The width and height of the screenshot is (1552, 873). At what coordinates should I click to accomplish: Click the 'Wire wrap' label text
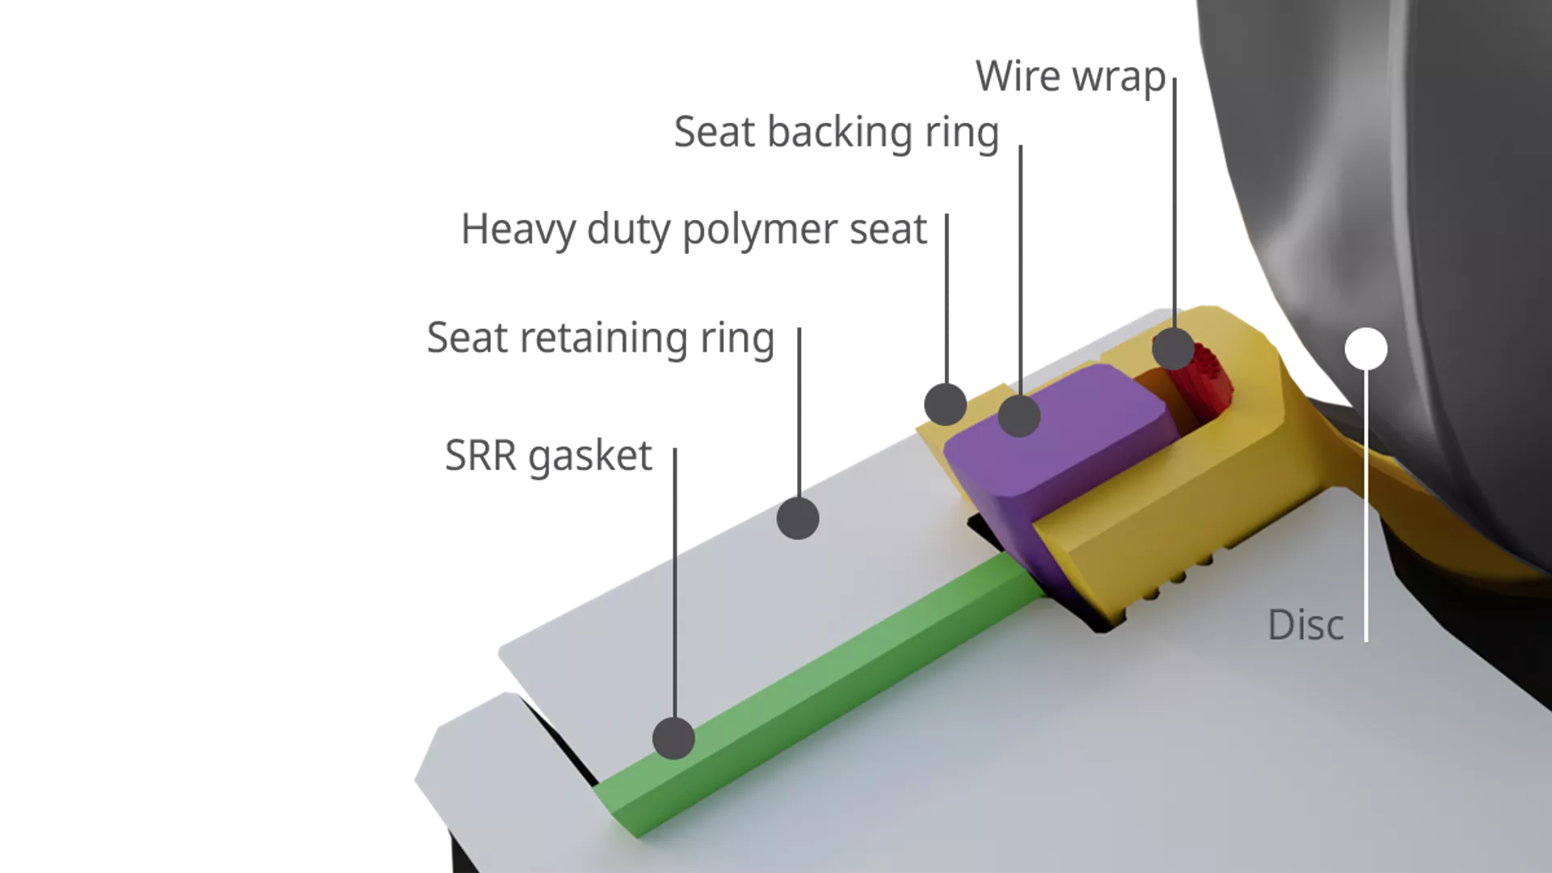click(1070, 77)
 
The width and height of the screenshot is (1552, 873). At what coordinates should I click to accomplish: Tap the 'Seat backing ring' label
click(836, 133)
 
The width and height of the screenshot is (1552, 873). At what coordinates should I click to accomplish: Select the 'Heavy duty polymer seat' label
click(694, 230)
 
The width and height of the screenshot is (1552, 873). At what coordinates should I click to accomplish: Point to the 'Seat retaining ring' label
click(600, 338)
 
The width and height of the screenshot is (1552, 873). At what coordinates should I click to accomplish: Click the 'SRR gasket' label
click(548, 457)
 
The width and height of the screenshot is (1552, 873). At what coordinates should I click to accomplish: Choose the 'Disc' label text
click(1305, 625)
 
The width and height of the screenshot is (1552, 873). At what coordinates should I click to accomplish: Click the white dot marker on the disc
click(1366, 349)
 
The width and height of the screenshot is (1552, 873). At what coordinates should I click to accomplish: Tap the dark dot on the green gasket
click(673, 738)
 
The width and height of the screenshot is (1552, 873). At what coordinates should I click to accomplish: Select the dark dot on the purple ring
click(1018, 416)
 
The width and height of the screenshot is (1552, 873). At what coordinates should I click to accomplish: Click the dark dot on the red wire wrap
click(1173, 349)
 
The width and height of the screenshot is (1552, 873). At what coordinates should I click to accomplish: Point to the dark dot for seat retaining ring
click(798, 518)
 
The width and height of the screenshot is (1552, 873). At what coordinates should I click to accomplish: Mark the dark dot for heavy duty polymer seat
click(945, 403)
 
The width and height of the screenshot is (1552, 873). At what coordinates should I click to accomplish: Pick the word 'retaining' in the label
click(604, 339)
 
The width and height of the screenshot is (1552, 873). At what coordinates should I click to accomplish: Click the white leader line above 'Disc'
click(1366, 501)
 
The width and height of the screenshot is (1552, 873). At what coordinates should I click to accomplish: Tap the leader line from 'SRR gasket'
click(675, 582)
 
